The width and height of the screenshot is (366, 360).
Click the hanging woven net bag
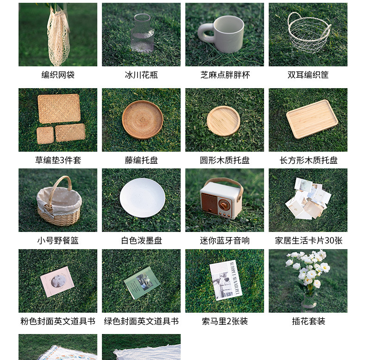(x=58, y=38)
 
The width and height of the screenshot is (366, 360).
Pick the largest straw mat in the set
(x=59, y=109)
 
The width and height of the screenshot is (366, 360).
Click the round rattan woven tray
(x=142, y=120)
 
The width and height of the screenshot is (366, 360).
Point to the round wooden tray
(x=223, y=121)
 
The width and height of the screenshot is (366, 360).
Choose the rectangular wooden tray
(x=312, y=119)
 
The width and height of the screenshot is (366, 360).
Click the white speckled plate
(x=142, y=198)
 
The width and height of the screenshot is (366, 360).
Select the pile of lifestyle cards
(x=308, y=199)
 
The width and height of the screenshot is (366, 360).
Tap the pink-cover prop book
(x=57, y=282)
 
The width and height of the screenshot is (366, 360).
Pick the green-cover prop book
(x=142, y=283)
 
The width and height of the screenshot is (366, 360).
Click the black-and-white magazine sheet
(x=226, y=280)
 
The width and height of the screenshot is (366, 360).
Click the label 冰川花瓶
(x=141, y=75)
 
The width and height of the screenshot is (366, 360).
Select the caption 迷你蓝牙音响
(x=225, y=240)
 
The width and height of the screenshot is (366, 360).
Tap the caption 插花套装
(x=309, y=321)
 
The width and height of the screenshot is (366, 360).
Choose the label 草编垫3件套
(x=58, y=160)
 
